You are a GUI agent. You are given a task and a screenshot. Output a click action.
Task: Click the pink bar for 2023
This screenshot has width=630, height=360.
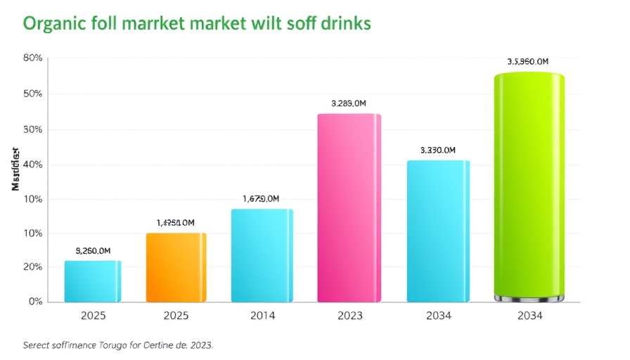coord(349,208)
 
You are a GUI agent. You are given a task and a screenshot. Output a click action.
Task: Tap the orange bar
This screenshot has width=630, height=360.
coord(176,267)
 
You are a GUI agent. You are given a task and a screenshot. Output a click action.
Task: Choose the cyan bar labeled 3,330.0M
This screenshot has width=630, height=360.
coord(437,231)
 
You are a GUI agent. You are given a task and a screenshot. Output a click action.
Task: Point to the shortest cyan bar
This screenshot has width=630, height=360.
coord(92,281)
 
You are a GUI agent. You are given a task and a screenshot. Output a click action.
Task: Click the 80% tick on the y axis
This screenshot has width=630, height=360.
coord(32,58)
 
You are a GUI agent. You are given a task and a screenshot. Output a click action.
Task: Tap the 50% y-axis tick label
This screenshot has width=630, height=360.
coord(32,94)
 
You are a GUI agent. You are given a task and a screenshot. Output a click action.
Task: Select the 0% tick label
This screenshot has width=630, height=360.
coord(35,302)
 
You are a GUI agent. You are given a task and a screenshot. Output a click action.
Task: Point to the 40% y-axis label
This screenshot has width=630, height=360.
coord(32,165)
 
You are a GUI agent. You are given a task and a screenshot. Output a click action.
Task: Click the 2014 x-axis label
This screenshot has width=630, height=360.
coord(262,316)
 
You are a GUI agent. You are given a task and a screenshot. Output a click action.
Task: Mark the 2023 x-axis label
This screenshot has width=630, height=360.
coord(349,316)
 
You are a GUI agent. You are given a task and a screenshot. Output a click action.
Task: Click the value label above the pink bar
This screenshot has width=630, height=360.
coord(348,103)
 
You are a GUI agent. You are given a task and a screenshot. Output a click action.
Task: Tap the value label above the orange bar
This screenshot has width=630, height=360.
coord(175,223)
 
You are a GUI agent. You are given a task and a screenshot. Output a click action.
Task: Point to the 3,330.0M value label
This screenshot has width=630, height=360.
coord(437,150)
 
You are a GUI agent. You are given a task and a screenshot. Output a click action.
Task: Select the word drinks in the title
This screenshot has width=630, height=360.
coord(344,23)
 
